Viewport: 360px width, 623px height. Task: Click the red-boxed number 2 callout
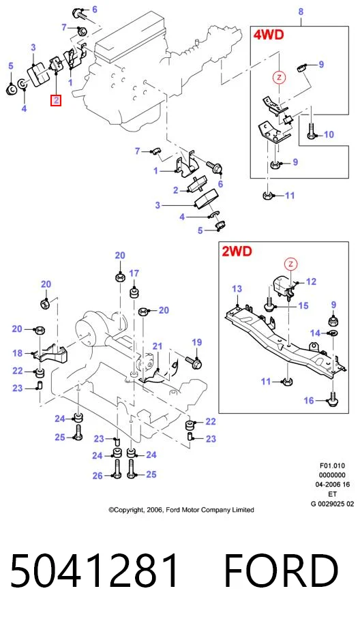tap(56, 100)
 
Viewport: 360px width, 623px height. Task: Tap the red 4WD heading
tap(269, 35)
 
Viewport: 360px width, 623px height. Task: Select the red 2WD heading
tap(237, 251)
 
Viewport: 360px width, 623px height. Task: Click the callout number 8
tap(301, 12)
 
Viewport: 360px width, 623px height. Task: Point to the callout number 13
tap(237, 288)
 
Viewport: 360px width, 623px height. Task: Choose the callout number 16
tap(309, 401)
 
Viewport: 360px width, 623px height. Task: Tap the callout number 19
tap(196, 342)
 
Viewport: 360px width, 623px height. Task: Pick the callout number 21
tap(157, 346)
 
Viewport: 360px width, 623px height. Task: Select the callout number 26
tap(97, 476)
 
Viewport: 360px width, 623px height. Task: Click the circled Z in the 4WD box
tap(279, 77)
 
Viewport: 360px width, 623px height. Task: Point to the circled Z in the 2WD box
tap(291, 264)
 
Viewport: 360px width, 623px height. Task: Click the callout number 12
tap(311, 282)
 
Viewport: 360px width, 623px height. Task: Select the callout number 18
tap(18, 353)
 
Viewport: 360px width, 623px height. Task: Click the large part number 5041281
tap(95, 571)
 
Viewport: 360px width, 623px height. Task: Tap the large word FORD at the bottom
tap(281, 571)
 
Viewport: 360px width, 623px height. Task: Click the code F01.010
tap(332, 466)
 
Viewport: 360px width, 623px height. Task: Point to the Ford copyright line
tap(181, 510)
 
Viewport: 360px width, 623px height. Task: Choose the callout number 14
tap(315, 333)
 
